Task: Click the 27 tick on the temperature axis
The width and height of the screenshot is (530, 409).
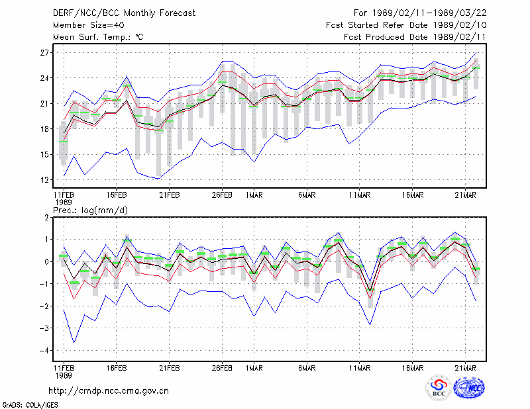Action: click(44, 53)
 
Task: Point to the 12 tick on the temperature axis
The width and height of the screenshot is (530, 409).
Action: click(44, 179)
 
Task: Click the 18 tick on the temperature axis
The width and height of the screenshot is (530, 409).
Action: click(44, 129)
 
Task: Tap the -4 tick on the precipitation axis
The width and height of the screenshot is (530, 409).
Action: click(44, 351)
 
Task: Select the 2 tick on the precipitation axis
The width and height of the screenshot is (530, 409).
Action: click(46, 218)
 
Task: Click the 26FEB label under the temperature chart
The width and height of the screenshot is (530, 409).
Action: click(222, 195)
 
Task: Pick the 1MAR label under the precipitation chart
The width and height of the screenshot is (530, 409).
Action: click(254, 368)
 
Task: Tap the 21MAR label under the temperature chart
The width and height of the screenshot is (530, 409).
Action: click(466, 195)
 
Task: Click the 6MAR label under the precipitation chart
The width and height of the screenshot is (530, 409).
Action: click(307, 368)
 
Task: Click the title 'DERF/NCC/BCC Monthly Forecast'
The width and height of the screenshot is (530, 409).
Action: click(124, 13)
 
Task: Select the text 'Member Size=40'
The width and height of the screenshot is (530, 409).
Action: click(89, 25)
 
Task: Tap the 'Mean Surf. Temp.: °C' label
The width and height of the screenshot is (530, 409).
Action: click(98, 37)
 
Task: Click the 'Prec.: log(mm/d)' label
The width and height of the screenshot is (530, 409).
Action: click(90, 210)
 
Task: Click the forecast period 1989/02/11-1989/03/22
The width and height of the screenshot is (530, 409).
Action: click(429, 13)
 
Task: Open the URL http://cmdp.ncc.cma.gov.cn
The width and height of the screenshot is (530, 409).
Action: click(109, 391)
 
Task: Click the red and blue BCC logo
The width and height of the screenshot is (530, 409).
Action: click(439, 388)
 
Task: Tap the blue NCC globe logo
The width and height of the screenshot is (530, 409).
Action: click(469, 388)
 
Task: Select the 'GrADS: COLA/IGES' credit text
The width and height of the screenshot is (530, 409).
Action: click(30, 405)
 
